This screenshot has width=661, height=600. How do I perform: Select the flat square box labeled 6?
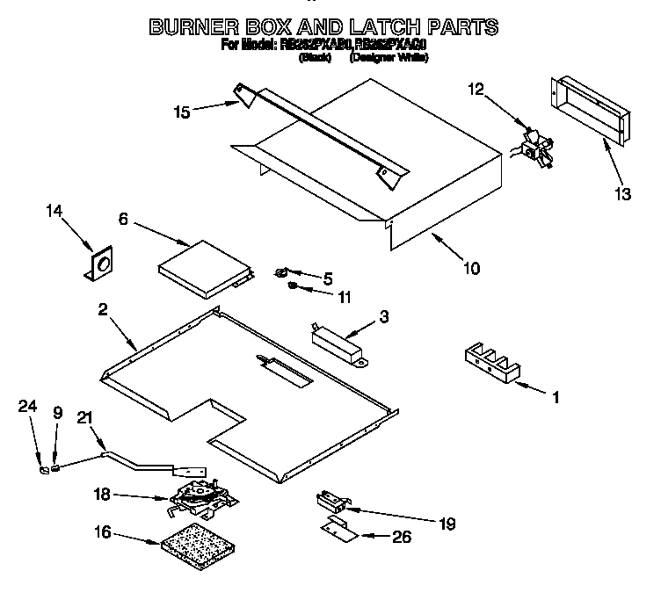pos(201,269)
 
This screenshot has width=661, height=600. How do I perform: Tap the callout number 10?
pos(472,268)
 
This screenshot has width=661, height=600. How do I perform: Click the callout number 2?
pos(103,309)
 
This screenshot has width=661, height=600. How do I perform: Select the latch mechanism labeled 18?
pos(201,497)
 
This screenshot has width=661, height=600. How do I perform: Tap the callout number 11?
pos(345,298)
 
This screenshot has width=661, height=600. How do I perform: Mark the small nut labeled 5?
pos(284,272)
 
